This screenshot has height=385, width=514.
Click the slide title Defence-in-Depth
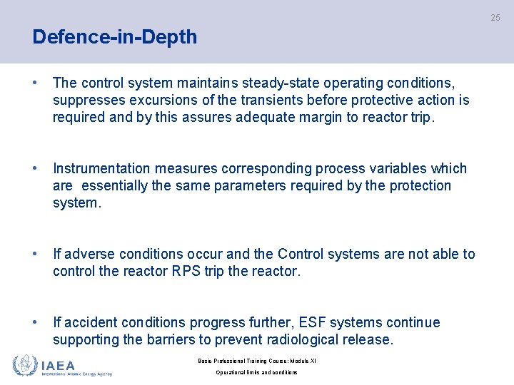114,37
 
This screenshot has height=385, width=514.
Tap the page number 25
495,18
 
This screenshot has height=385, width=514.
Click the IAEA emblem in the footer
25,365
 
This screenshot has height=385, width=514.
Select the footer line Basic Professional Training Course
256,361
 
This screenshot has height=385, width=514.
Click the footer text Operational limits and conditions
256,372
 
